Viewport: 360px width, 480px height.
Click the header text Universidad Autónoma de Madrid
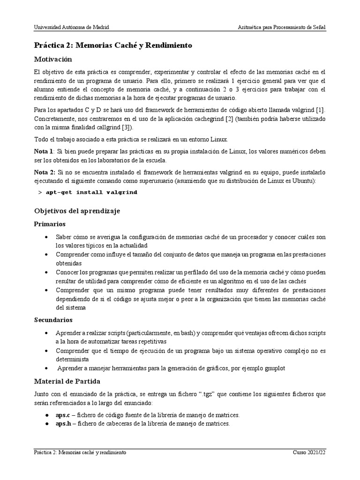pos(72,28)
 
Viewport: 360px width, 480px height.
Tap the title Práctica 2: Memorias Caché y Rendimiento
pos(113,45)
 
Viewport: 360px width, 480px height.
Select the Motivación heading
pos(53,60)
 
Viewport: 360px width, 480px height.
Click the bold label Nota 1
pos(44,152)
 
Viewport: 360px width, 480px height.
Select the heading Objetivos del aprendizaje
pos(77,211)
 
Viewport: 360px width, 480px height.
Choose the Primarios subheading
pos(50,224)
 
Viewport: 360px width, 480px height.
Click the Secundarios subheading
pos(53,320)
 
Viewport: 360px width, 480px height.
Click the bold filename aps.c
pos(62,415)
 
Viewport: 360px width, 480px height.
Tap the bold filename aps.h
pos(62,424)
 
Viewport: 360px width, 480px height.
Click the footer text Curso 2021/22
pos(309,453)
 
